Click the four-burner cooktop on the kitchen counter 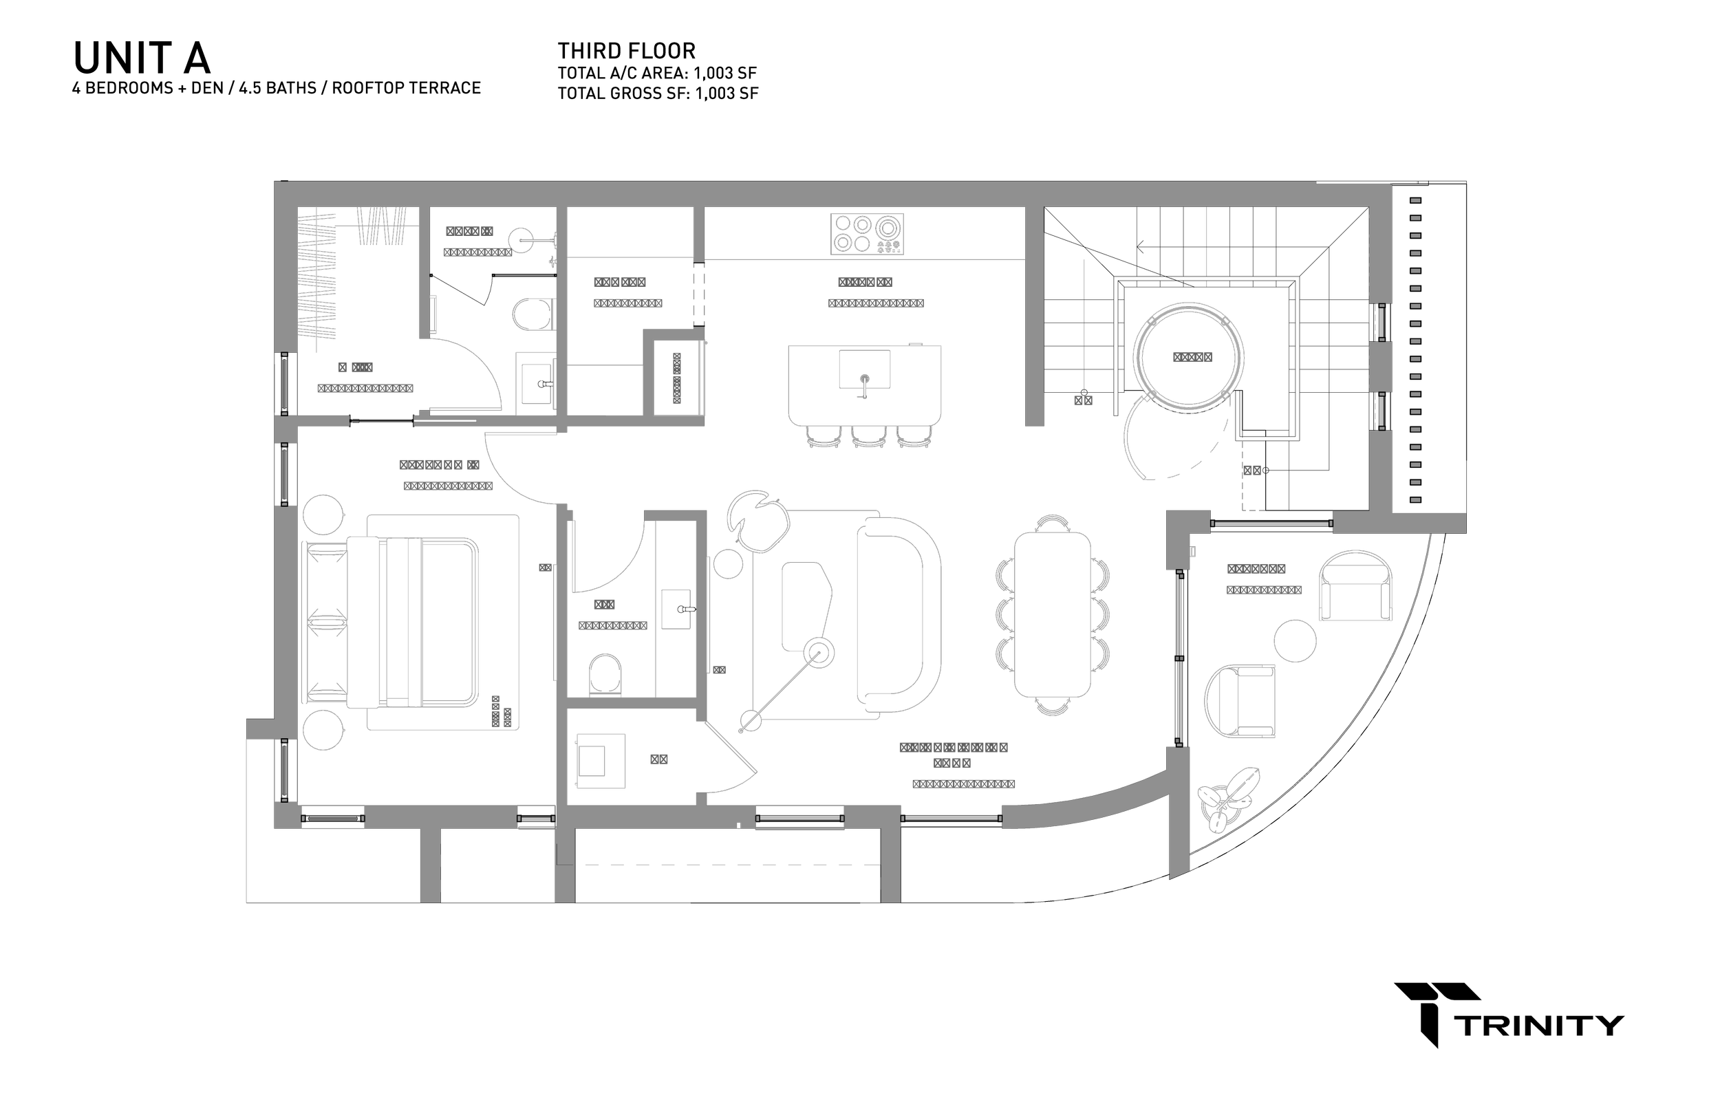point(866,233)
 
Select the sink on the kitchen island point(864,370)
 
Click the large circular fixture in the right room point(1188,357)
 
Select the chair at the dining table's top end point(1051,523)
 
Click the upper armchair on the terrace point(1357,584)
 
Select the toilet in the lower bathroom point(604,673)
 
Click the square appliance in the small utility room point(600,759)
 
